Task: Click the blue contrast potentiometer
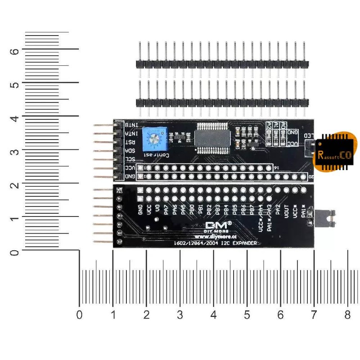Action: [154, 139]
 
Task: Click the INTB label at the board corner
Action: [131, 125]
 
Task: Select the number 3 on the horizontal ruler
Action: [180, 314]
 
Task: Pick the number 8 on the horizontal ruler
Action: [347, 314]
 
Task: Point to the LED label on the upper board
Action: [309, 135]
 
